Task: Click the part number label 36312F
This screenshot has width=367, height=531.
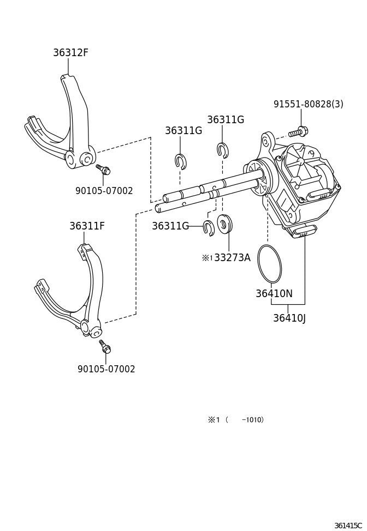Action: tap(70, 53)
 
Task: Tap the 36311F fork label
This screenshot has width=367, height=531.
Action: tap(87, 226)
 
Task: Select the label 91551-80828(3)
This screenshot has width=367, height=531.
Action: tap(308, 104)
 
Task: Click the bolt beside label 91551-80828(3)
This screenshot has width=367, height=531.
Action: tap(298, 131)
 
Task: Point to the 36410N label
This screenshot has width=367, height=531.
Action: tap(274, 294)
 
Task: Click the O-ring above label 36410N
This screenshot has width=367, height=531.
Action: tap(269, 262)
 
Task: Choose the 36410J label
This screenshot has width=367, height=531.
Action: tap(289, 318)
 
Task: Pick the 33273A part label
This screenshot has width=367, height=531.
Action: tap(232, 258)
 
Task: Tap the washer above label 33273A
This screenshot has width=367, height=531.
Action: tap(224, 224)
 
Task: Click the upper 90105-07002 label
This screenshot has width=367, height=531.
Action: tap(104, 191)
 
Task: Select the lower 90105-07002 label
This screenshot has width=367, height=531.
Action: tap(106, 369)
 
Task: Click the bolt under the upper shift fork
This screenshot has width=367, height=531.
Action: tap(103, 170)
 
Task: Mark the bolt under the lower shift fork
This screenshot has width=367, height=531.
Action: tap(105, 347)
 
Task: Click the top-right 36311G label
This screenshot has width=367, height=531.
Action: tap(225, 120)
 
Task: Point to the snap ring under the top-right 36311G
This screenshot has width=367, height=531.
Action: tap(222, 149)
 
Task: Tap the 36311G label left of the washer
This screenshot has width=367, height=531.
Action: tap(170, 226)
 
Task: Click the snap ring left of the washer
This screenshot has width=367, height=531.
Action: tap(209, 227)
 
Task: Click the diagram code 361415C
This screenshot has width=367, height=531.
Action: tap(348, 526)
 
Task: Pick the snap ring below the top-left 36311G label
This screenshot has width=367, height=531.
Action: tap(181, 161)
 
